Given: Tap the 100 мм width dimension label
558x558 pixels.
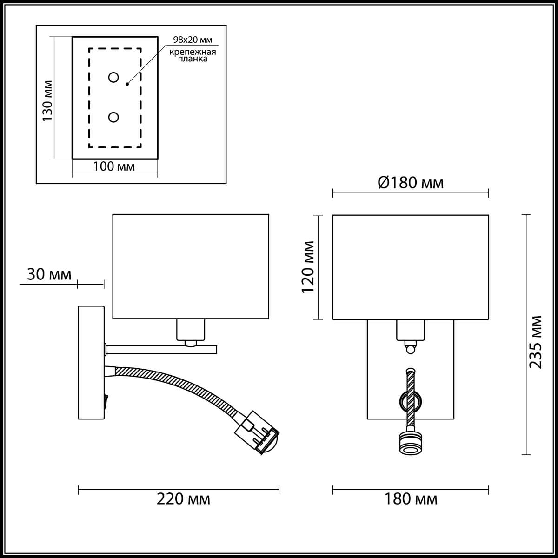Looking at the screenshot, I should coord(114,166).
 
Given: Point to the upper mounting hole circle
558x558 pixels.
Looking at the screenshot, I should coord(113,78).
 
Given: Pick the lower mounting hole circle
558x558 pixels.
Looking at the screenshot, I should coord(113,117).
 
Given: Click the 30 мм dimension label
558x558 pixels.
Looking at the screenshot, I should coord(49,274).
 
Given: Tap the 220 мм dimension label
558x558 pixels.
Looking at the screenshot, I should coord(183,499).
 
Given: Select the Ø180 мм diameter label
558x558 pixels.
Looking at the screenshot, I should coord(410,183).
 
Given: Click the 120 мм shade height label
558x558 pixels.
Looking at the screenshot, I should coord(308,266).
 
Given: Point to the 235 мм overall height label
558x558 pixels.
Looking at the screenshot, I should coord(537,342).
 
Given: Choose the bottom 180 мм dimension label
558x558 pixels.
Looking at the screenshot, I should coord(411,499).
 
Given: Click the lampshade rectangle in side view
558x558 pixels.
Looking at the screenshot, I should coord(191,266).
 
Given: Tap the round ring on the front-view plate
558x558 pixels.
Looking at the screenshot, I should coord(410,399).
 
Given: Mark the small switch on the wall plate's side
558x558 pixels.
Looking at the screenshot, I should coord(106,400).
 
